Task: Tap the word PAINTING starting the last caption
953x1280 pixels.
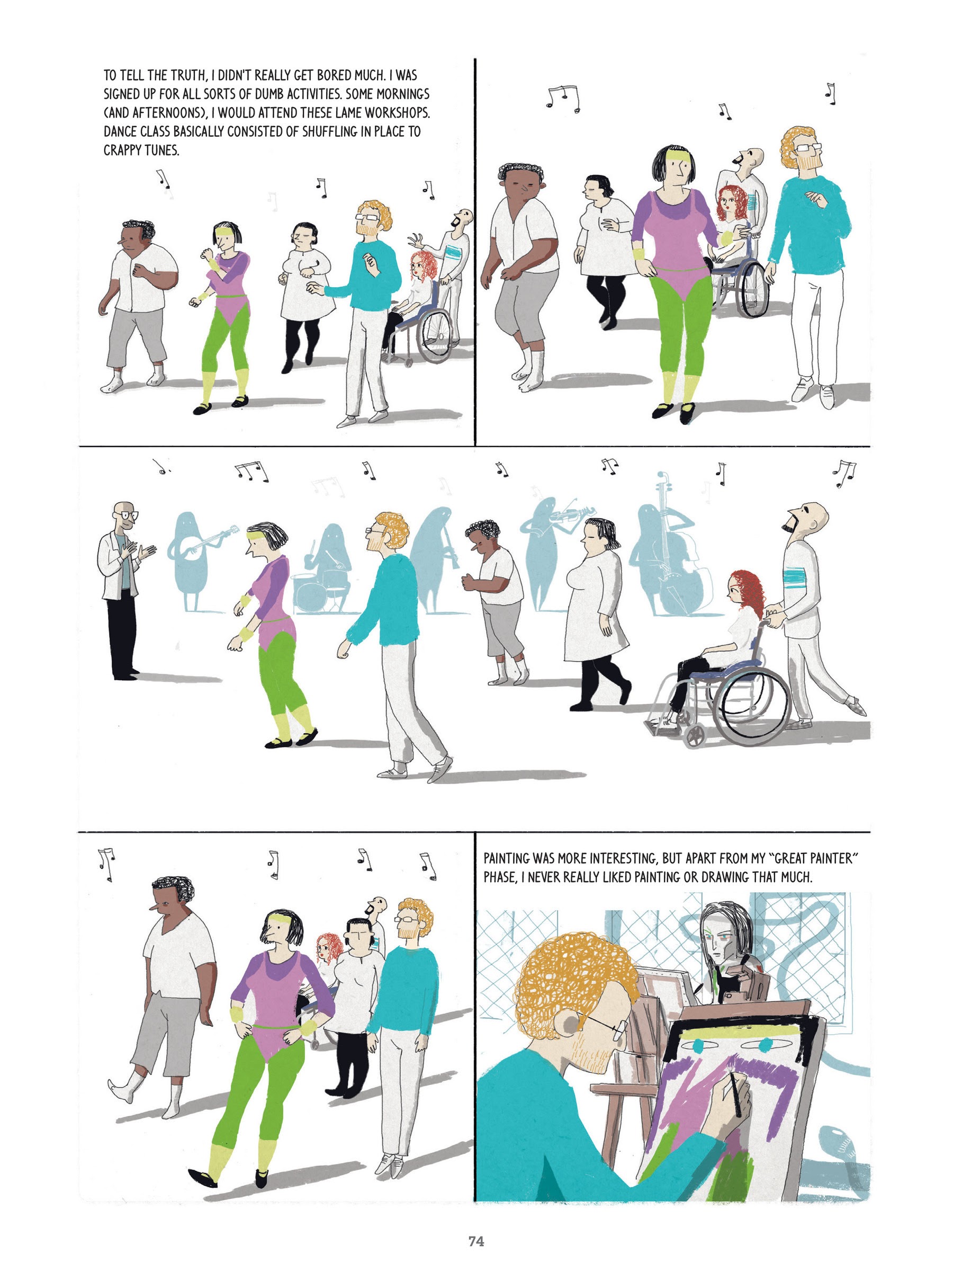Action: [506, 859]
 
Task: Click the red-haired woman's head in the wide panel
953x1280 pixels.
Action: [745, 592]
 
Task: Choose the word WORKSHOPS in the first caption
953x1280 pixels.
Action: [397, 112]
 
